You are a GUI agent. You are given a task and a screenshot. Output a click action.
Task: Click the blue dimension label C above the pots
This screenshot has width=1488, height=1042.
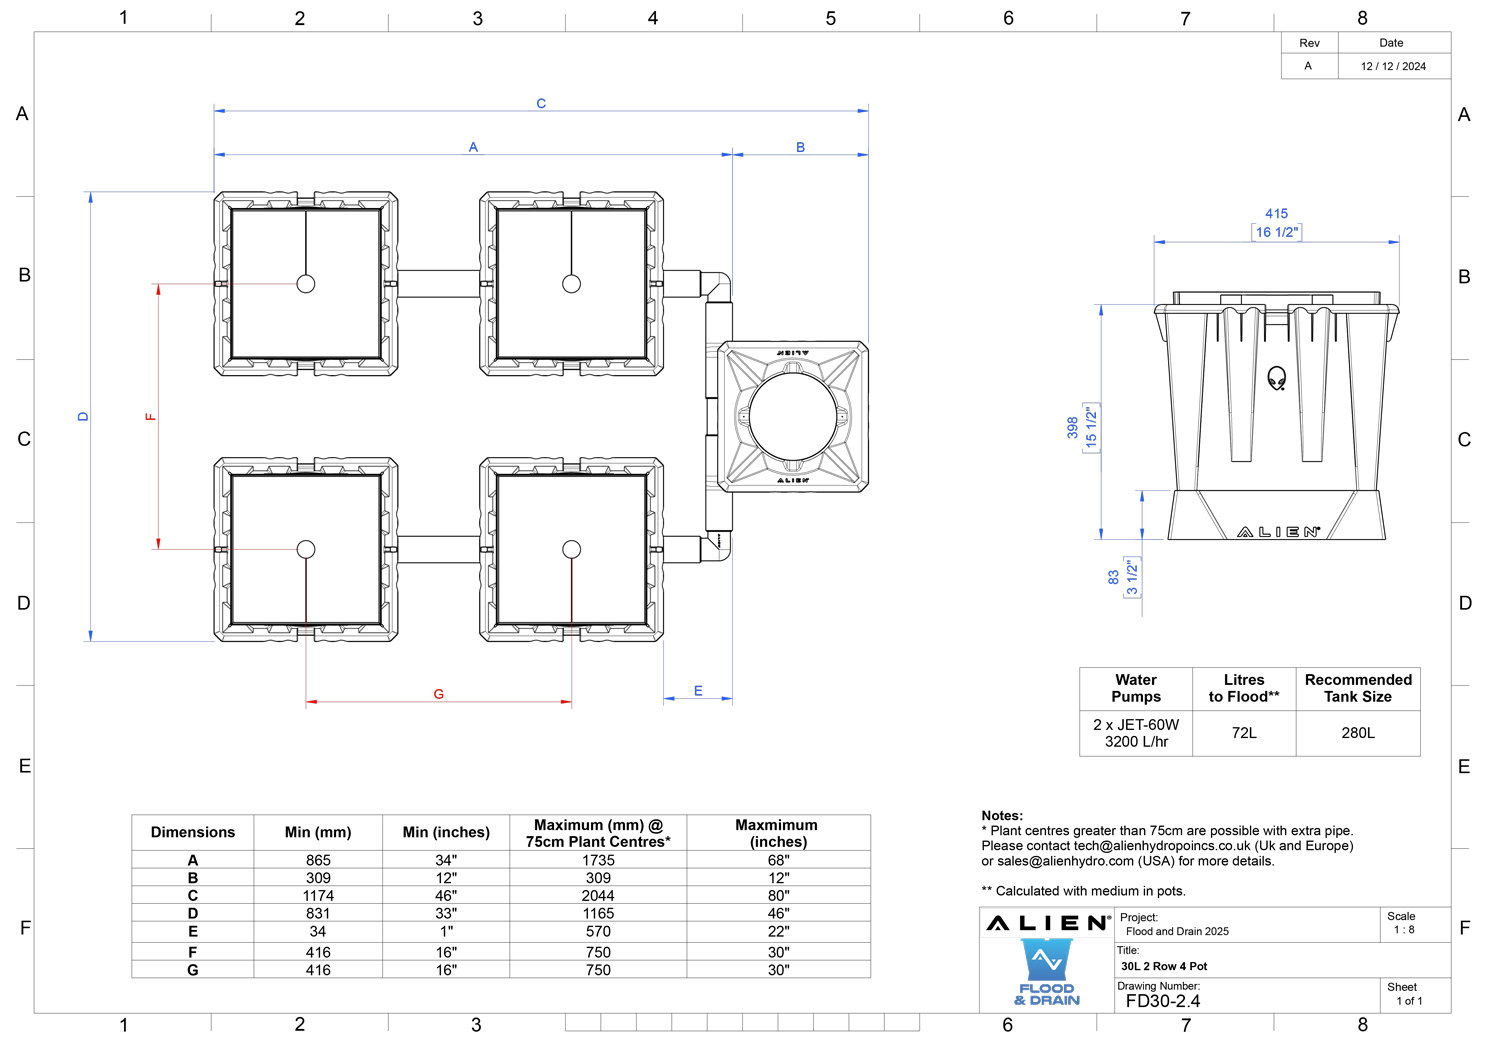tap(541, 104)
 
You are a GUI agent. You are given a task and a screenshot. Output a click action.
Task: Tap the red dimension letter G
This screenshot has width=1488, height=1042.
tap(438, 694)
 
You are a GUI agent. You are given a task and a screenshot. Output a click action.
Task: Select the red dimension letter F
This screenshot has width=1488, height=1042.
tap(150, 417)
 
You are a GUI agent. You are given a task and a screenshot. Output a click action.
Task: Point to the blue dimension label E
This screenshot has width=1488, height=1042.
tap(698, 691)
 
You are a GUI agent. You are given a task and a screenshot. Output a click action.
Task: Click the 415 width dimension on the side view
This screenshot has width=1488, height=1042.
tap(1276, 214)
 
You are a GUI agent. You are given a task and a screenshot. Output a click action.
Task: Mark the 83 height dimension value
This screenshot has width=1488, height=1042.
tap(1114, 578)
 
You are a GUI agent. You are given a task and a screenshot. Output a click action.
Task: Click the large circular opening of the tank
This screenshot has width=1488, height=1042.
tap(792, 417)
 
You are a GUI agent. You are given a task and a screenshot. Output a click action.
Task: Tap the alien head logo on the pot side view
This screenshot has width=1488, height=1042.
tap(1276, 378)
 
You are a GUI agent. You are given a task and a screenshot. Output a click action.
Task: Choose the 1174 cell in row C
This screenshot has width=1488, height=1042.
tap(318, 895)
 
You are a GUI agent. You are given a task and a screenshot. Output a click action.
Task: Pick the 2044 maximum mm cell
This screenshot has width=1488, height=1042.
tap(598, 895)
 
